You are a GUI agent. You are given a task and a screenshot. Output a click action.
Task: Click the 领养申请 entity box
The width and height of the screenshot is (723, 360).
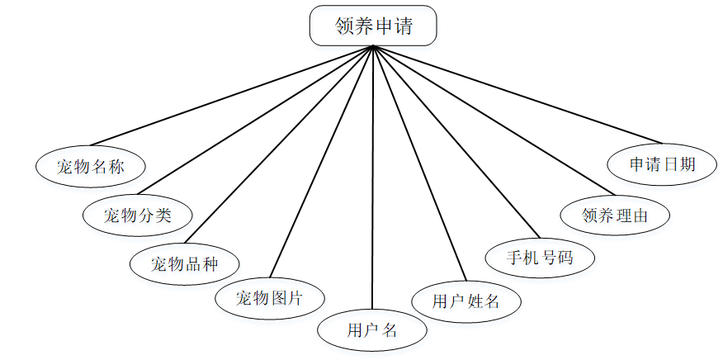(x=373, y=26)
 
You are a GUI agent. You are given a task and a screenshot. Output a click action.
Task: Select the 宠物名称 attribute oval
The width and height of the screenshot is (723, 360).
(x=91, y=166)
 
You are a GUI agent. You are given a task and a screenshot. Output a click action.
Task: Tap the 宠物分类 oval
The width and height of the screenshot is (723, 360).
(x=138, y=216)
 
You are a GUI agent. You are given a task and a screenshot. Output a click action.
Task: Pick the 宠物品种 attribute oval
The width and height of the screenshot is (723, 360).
(x=185, y=264)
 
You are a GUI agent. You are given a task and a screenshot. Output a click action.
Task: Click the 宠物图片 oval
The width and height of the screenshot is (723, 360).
(x=270, y=298)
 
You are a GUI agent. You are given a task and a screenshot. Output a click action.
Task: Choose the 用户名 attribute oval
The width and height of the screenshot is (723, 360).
(x=372, y=330)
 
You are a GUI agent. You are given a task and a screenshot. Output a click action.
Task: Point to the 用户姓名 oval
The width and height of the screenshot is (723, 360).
(x=466, y=301)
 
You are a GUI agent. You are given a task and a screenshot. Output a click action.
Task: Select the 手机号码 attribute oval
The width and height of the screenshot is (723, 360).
(x=540, y=258)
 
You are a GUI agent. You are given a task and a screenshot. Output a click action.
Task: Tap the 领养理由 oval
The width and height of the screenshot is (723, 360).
(x=614, y=216)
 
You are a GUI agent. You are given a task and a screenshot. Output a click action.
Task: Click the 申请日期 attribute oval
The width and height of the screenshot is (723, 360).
(x=662, y=163)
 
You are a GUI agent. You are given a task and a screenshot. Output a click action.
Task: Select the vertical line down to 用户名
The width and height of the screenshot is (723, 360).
(x=373, y=182)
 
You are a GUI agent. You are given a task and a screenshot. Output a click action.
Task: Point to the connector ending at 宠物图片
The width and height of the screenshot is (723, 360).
(x=322, y=161)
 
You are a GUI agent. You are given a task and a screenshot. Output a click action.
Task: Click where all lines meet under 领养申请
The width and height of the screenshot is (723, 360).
(x=374, y=46)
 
